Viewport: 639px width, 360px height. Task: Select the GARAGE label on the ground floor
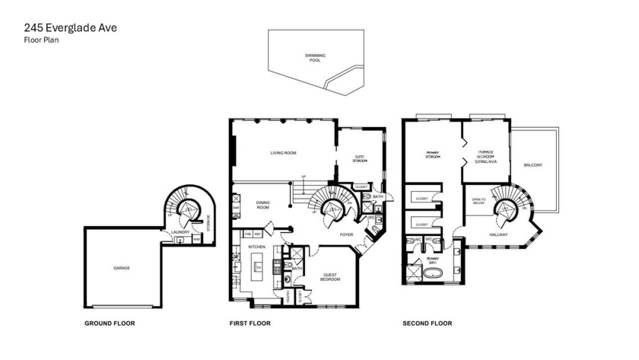(122, 269)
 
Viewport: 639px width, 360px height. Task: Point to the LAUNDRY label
(180, 232)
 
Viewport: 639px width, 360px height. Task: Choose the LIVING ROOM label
(283, 153)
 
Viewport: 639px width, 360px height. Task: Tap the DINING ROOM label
(263, 205)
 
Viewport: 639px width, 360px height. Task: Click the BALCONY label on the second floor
(533, 165)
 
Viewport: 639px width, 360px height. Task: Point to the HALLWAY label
(499, 234)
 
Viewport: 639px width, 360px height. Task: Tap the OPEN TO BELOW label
(479, 201)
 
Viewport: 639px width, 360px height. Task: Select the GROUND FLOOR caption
(110, 323)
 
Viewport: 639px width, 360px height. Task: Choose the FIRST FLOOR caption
(250, 323)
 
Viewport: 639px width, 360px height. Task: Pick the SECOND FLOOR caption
(428, 323)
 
